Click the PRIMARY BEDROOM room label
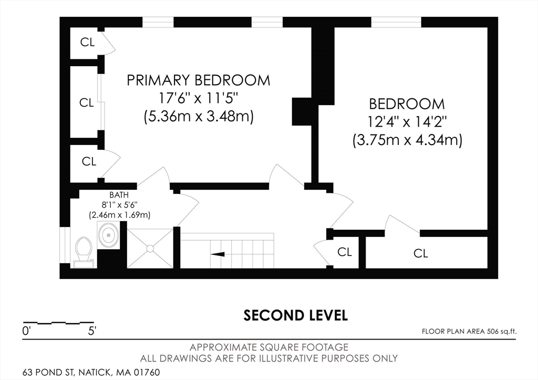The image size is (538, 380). click(x=199, y=80)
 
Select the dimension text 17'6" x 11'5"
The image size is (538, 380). click(x=199, y=98)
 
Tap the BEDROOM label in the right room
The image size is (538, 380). click(x=407, y=104)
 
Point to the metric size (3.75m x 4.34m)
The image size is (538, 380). click(x=407, y=140)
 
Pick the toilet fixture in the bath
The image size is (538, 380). click(x=84, y=249)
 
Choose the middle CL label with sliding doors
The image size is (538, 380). click(x=87, y=103)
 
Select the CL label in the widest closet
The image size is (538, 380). click(x=420, y=253)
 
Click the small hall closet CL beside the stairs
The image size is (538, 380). click(x=344, y=252)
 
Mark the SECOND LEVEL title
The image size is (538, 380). click(x=295, y=315)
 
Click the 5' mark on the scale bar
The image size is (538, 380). click(x=91, y=331)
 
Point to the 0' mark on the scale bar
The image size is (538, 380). click(x=27, y=331)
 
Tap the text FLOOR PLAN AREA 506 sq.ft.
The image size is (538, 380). click(x=469, y=331)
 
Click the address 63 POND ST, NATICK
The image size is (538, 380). click(x=84, y=372)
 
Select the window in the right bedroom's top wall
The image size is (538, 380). click(x=396, y=22)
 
